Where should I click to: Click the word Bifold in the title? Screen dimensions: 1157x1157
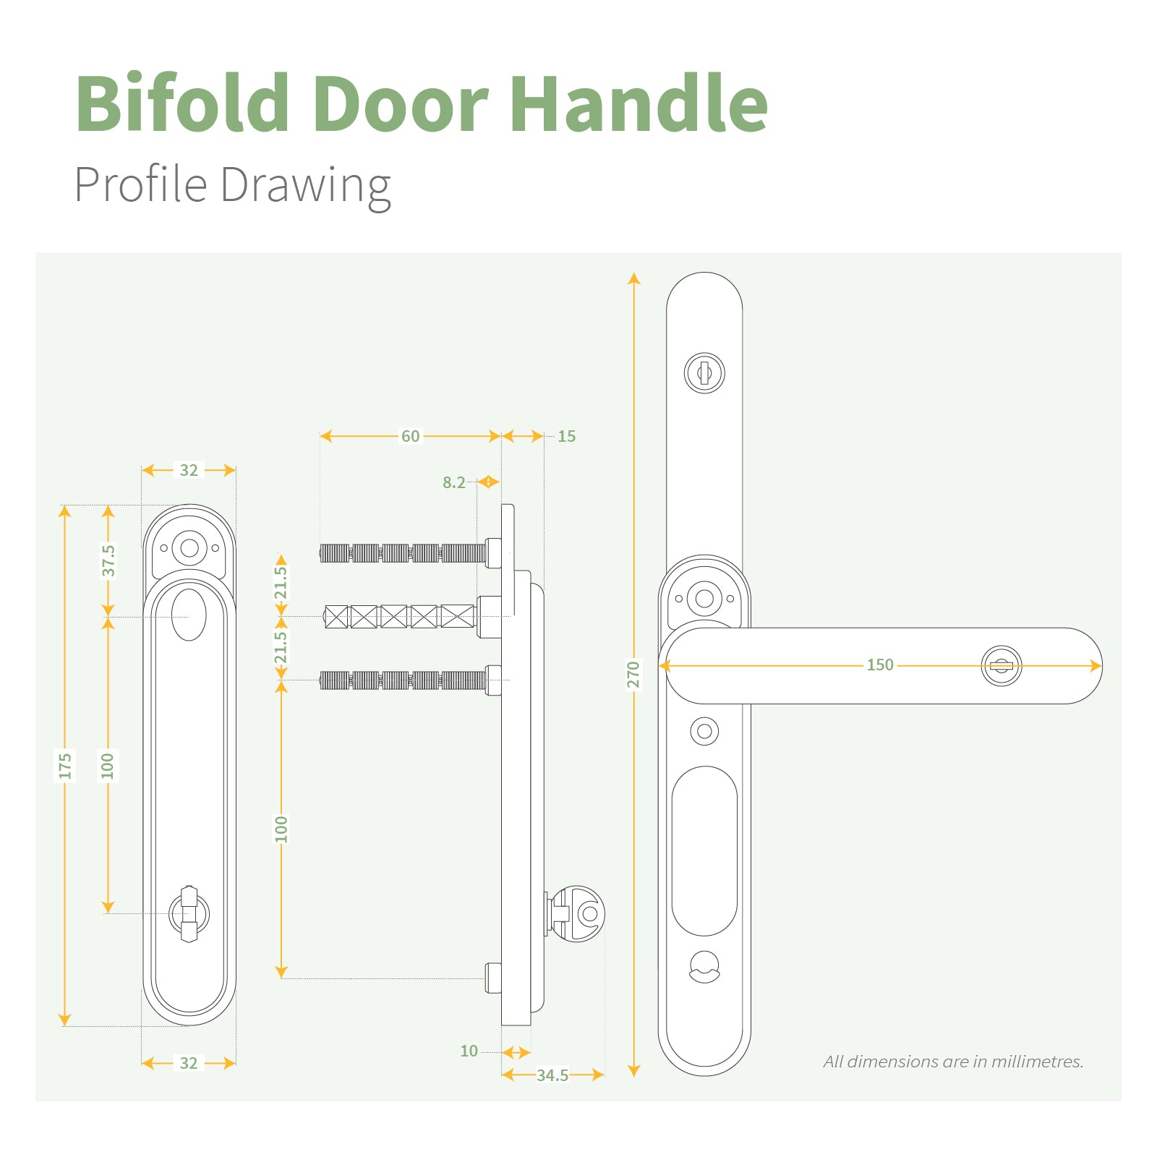tap(183, 103)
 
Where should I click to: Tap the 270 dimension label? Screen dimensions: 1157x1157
tap(633, 674)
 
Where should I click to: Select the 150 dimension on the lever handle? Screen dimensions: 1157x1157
tap(880, 665)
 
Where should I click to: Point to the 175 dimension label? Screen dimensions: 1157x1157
tap(65, 766)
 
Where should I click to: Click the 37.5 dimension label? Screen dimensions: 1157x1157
tap(108, 560)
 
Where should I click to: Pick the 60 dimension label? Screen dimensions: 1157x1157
tap(411, 436)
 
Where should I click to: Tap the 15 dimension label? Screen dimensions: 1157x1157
tap(567, 436)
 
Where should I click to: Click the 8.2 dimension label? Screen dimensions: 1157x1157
tap(454, 482)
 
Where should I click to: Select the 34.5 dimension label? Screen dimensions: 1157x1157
tap(552, 1075)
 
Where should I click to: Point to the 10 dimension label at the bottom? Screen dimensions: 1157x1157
tap(469, 1051)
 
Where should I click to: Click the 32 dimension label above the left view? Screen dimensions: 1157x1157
tap(189, 470)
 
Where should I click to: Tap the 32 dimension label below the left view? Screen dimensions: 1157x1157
tap(189, 1063)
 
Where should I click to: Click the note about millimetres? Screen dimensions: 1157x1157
tap(953, 1062)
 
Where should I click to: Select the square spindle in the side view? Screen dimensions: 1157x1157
tap(400, 617)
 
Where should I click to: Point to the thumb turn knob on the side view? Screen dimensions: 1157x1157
tap(576, 913)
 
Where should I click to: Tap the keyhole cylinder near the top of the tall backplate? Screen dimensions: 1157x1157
tap(704, 373)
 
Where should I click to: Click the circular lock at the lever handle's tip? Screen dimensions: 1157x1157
tap(1002, 666)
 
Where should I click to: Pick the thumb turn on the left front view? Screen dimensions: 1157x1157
tap(189, 914)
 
